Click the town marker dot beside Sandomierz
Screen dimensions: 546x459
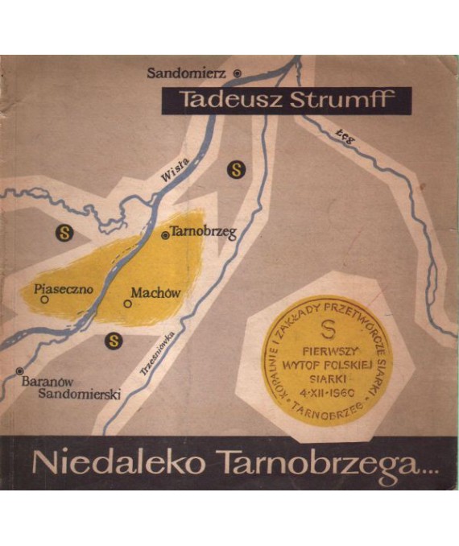[x=237, y=73]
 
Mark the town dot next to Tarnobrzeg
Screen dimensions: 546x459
[x=166, y=235]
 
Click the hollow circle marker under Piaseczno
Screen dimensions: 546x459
[x=45, y=300]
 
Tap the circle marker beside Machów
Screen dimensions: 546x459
[x=127, y=304]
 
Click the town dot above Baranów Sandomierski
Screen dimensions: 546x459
[x=19, y=371]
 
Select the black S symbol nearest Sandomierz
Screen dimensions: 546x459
[x=236, y=169]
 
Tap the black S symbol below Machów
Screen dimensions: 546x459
[x=114, y=340]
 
